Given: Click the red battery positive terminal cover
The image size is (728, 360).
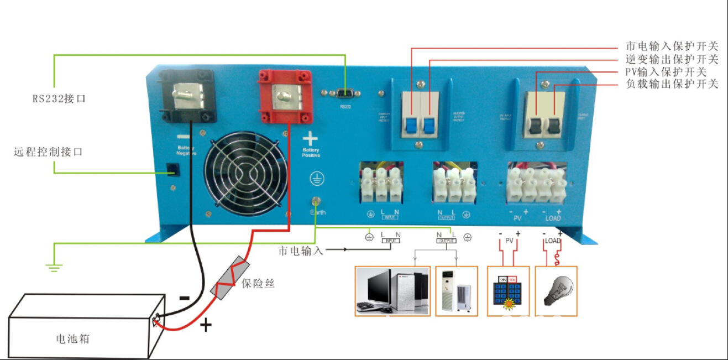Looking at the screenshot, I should tap(282, 97).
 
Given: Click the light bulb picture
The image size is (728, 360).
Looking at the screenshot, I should tap(556, 291).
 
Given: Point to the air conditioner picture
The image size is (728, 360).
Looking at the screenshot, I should tap(457, 291).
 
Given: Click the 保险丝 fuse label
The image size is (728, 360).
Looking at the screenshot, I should tap(258, 284).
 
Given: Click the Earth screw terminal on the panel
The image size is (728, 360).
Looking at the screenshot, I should tap(317, 201).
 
